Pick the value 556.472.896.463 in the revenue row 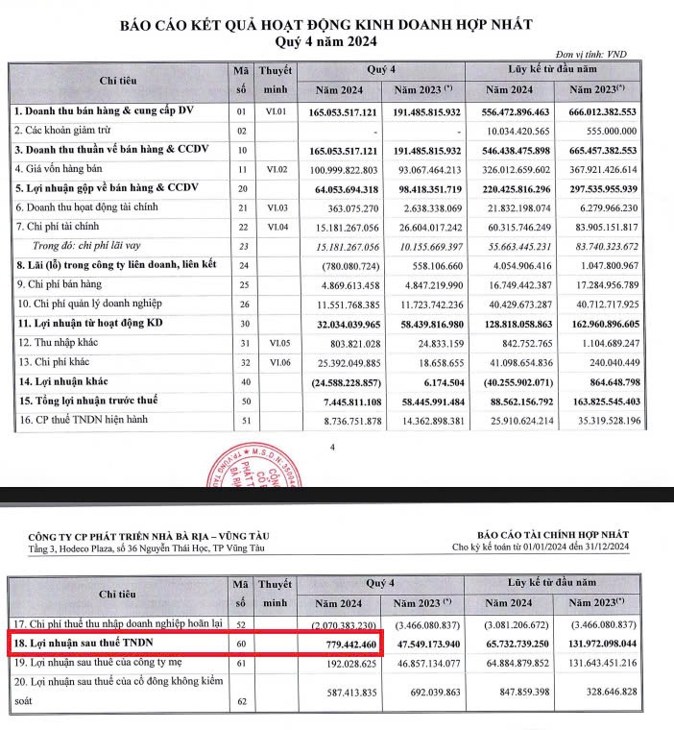[x=515, y=112]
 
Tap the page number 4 [x=332, y=447]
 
